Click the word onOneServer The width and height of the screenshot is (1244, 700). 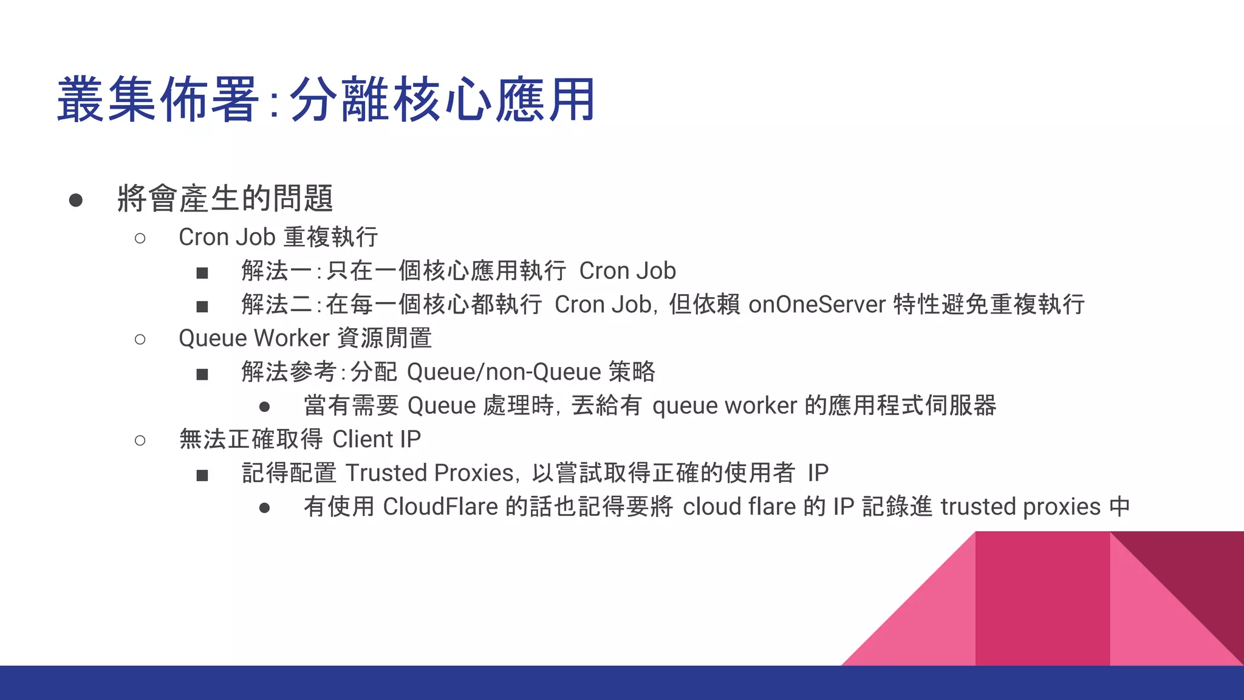pos(816,304)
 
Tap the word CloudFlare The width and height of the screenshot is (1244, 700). pos(440,507)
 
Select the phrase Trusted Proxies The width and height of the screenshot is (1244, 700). pos(430,473)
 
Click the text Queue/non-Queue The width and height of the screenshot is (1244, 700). pos(504,372)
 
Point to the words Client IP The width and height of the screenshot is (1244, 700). pos(377,439)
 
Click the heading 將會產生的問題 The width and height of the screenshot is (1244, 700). pos(225,199)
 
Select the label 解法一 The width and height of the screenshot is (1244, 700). pos(276,271)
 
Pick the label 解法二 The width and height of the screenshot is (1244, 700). pos(276,304)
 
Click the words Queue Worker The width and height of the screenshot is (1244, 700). pos(254,338)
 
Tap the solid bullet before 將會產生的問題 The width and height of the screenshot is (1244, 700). pos(76,200)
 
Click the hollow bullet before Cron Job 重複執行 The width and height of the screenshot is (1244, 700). pos(140,238)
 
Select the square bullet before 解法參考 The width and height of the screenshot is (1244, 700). pos(202,374)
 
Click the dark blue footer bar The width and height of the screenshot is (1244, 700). pos(622,683)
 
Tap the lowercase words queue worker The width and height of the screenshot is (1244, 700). pos(724,406)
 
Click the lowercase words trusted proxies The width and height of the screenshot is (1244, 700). pos(1020,507)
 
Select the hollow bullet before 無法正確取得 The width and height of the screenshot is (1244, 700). pos(140,441)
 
